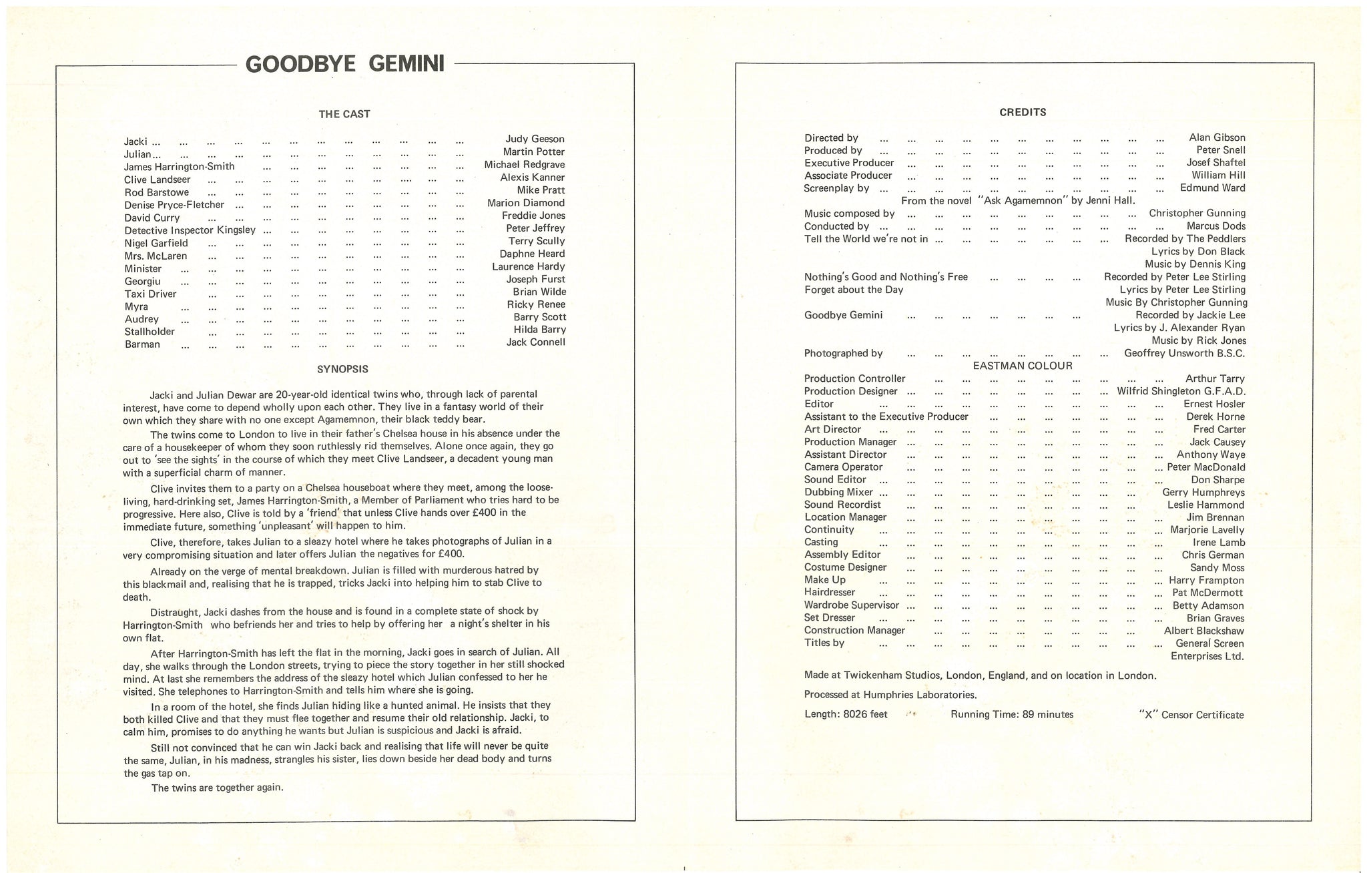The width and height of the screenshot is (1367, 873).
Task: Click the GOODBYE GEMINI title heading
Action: [x=345, y=64]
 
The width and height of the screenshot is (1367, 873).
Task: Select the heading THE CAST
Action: [x=344, y=114]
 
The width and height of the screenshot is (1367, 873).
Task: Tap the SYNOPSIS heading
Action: [x=342, y=369]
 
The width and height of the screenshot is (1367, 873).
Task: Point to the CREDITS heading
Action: [x=1023, y=112]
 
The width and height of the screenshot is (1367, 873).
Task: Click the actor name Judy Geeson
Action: [x=535, y=139]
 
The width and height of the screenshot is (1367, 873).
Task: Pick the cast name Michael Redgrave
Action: [x=525, y=165]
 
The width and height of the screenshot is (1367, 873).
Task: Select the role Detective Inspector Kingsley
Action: [x=190, y=230]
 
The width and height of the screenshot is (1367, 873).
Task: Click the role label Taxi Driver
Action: [x=151, y=294]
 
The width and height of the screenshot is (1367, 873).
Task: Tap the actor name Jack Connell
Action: [x=535, y=342]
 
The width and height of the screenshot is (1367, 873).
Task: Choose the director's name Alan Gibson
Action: [x=1217, y=137]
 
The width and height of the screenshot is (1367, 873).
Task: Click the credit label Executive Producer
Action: [x=849, y=163]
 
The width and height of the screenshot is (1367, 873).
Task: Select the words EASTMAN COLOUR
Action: [x=1023, y=366]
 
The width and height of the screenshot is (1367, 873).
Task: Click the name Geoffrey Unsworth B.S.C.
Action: [x=1185, y=354]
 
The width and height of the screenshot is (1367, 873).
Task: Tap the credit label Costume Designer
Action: [x=846, y=567]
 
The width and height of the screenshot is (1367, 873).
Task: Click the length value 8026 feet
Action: [x=865, y=715]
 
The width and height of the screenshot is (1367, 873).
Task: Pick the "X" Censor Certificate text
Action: [x=1191, y=715]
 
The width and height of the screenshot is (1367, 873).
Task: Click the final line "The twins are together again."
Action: [x=218, y=788]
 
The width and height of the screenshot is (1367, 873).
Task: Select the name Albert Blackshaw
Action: [x=1204, y=631]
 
